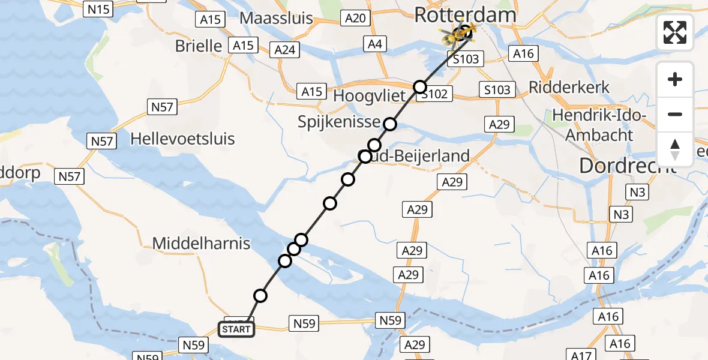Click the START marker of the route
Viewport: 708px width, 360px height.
tap(236, 329)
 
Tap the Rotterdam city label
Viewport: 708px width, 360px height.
tap(465, 14)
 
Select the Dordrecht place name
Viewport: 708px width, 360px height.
tap(628, 165)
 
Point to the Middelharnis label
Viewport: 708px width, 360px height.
tap(201, 243)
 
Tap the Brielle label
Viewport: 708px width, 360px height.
tap(199, 46)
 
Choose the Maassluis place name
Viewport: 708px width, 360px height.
tap(276, 18)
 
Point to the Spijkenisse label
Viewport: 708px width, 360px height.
tap(338, 122)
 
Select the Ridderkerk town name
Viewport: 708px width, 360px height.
tap(569, 87)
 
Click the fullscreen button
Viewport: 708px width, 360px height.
tap(675, 32)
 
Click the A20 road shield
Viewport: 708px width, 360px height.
tap(355, 19)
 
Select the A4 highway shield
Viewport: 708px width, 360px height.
tap(376, 43)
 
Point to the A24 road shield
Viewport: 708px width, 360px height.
tap(284, 49)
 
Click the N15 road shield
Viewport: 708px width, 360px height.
tap(99, 9)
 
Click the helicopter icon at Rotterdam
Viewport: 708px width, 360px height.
tap(456, 35)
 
